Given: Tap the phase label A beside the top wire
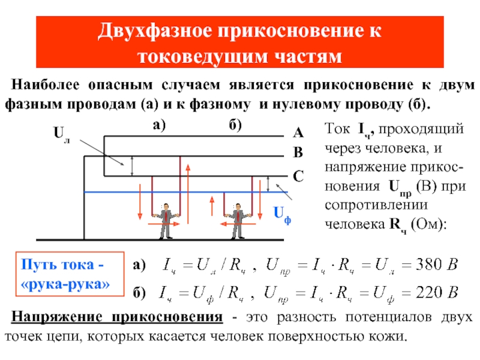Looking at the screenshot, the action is pyautogui.click(x=298, y=133).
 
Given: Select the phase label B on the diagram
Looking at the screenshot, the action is pyautogui.click(x=298, y=152).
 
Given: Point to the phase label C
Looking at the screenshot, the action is pyautogui.click(x=298, y=176).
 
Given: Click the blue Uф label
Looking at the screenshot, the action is pyautogui.click(x=282, y=214).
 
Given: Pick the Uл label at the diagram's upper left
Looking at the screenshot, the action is pyautogui.click(x=62, y=134).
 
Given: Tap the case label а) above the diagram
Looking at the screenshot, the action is pyautogui.click(x=159, y=125).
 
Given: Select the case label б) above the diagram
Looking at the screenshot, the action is pyautogui.click(x=235, y=125).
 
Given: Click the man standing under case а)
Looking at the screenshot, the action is pyautogui.click(x=166, y=221).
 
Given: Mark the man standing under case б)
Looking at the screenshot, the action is pyautogui.click(x=238, y=221).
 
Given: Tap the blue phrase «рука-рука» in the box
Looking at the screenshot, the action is pyautogui.click(x=65, y=284).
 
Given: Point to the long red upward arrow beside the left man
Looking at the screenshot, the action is pyautogui.click(x=188, y=194).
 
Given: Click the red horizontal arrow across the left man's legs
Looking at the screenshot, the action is pyautogui.click(x=164, y=224).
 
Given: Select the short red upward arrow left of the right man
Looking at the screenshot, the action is pyautogui.click(x=212, y=206).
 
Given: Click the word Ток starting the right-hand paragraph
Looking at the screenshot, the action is pyautogui.click(x=337, y=128).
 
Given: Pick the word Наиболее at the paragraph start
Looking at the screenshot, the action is pyautogui.click(x=46, y=85).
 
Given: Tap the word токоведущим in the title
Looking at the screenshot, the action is pyautogui.click(x=202, y=57).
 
